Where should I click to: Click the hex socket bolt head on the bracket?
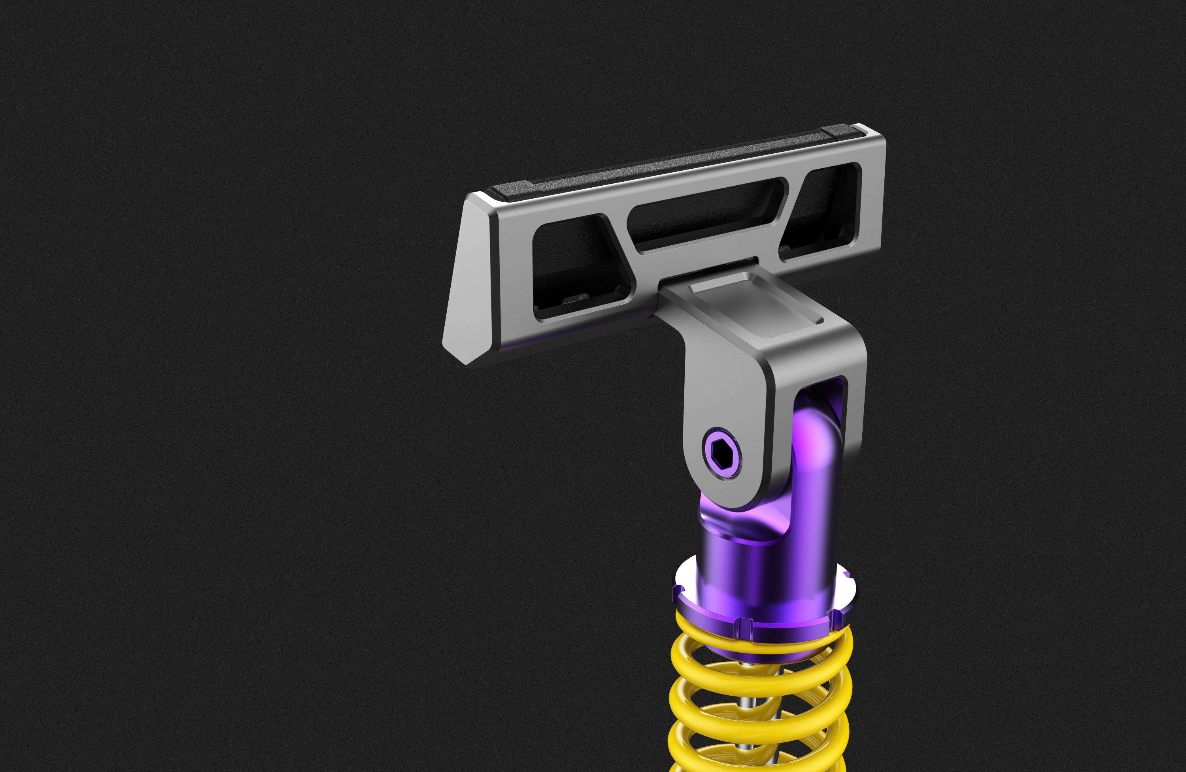pyautogui.click(x=721, y=454)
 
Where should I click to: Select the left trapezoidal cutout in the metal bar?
pyautogui.click(x=578, y=264)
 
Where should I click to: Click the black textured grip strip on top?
pyautogui.click(x=673, y=164)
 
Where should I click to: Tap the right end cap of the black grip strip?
pyautogui.click(x=842, y=131)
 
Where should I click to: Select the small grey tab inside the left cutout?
pyautogui.click(x=576, y=298)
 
